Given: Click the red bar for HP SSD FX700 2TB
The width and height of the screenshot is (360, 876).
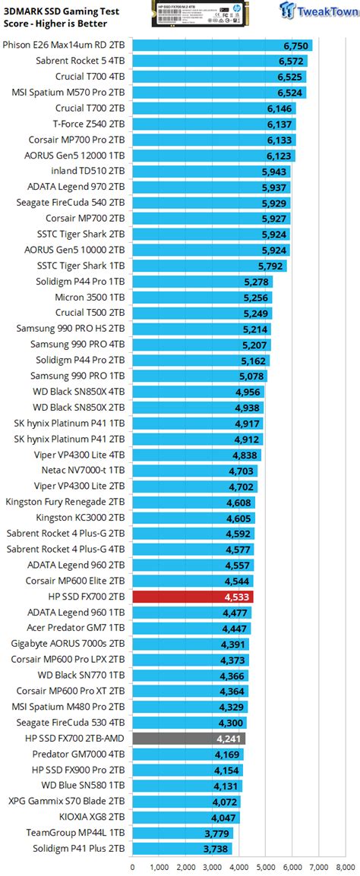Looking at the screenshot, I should [x=192, y=597].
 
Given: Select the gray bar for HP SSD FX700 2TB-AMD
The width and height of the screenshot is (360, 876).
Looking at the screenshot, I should [x=188, y=738].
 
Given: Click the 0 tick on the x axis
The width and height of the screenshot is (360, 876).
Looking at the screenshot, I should [x=133, y=865].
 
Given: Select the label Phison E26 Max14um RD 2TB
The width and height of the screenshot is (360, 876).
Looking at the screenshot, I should [x=65, y=45].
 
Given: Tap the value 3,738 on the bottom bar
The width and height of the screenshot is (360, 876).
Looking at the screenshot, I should [x=216, y=848].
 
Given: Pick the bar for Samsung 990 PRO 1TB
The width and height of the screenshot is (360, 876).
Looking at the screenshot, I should [x=201, y=376].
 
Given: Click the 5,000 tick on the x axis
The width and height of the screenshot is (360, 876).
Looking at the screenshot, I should [x=265, y=865].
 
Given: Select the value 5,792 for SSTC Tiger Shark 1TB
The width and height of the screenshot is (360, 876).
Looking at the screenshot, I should [x=270, y=266].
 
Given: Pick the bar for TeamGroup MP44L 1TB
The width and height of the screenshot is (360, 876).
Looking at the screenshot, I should [x=183, y=832].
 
